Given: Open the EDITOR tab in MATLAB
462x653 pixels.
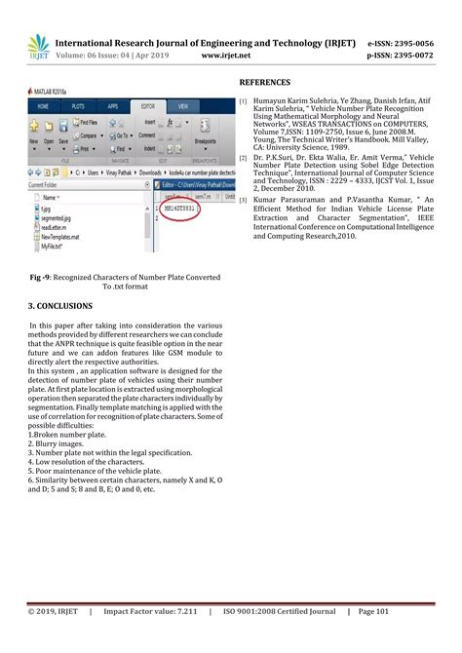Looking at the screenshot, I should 147,104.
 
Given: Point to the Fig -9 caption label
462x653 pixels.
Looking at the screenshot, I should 41,278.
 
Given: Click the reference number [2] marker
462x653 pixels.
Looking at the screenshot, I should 244,156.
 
